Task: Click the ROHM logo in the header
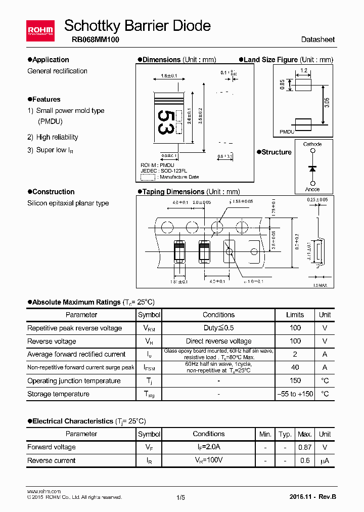[x=40, y=30]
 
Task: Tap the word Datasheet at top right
[x=317, y=39]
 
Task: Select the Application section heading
[x=50, y=60]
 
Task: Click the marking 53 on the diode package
[x=165, y=122]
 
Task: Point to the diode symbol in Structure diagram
[x=312, y=167]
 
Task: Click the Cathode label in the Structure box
[x=312, y=144]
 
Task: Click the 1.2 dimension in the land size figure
[x=304, y=70]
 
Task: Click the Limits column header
[x=295, y=315]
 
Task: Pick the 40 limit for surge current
[x=295, y=367]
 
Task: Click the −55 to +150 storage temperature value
[x=295, y=394]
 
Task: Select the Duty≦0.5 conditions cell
[x=218, y=328]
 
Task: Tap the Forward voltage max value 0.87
[x=305, y=447]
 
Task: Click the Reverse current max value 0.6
[x=305, y=460]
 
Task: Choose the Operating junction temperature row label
[x=74, y=380]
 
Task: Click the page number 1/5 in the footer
[x=181, y=497]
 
